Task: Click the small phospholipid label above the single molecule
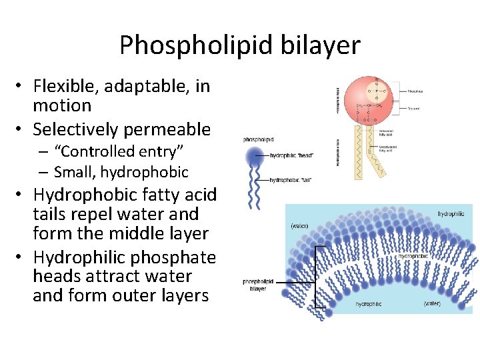[259, 140]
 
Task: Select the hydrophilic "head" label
[291, 156]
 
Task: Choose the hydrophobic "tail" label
[290, 180]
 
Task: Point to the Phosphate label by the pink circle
[415, 91]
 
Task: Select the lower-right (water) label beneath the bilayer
[433, 303]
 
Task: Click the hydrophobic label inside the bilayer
[413, 256]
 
